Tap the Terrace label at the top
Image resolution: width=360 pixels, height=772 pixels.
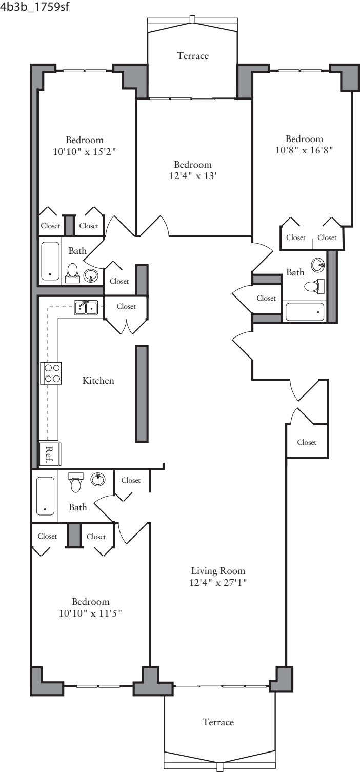(x=193, y=55)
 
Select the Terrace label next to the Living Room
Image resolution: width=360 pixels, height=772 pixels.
(x=218, y=722)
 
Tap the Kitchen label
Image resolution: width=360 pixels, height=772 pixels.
(x=98, y=381)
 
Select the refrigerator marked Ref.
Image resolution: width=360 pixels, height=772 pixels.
(x=50, y=453)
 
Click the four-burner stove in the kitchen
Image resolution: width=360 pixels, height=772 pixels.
(x=51, y=373)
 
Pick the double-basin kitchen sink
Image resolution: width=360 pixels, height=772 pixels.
(x=86, y=308)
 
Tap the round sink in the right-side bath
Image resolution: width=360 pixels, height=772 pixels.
(x=317, y=266)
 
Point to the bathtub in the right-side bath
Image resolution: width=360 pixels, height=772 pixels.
(x=305, y=311)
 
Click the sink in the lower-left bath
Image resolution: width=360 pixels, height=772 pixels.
(x=98, y=479)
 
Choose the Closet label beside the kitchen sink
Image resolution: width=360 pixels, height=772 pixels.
(x=126, y=306)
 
